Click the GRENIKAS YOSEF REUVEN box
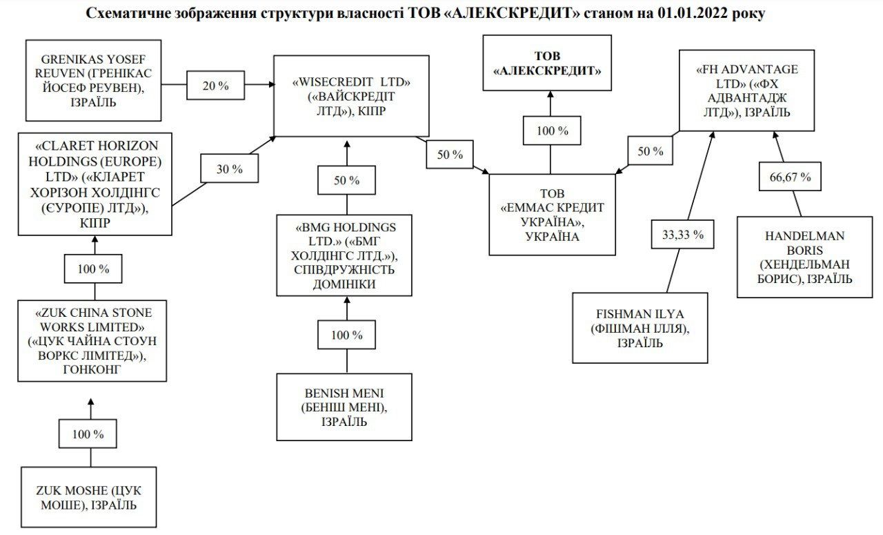pyautogui.click(x=94, y=79)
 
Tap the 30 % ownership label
pyautogui.click(x=230, y=169)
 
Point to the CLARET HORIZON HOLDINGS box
pyautogui.click(x=95, y=184)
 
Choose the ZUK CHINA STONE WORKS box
pyautogui.click(x=92, y=340)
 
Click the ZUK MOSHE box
pyautogui.click(x=88, y=497)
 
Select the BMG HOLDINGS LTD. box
pyautogui.click(x=346, y=255)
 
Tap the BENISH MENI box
pyautogui.click(x=344, y=407)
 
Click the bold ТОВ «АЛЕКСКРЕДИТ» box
pyautogui.click(x=547, y=63)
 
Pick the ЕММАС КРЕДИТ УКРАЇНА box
pyautogui.click(x=552, y=214)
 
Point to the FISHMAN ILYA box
pyautogui.click(x=640, y=327)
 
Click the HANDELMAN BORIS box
pyautogui.click(x=804, y=257)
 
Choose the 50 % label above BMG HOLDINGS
pyautogui.click(x=346, y=180)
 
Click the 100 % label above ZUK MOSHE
pyautogui.click(x=89, y=434)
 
